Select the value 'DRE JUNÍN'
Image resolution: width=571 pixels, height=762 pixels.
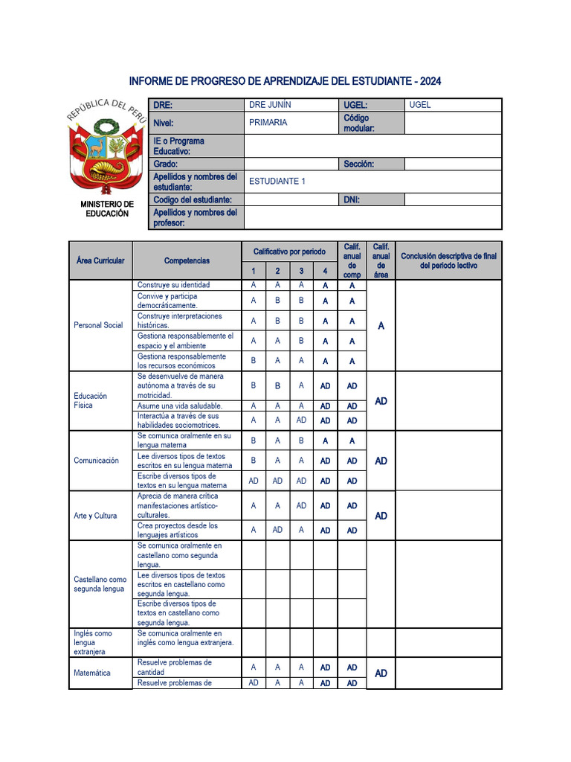pyautogui.click(x=270, y=105)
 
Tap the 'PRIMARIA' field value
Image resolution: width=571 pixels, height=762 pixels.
pyautogui.click(x=268, y=123)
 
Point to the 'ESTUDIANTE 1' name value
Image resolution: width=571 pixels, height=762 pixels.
pyautogui.click(x=277, y=181)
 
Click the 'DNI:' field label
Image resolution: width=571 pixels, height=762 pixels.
pyautogui.click(x=352, y=199)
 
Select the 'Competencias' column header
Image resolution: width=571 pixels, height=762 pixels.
pyautogui.click(x=187, y=260)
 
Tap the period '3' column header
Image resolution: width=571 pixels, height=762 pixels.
pyautogui.click(x=301, y=272)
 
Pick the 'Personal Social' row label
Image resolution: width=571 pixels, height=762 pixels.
pyautogui.click(x=98, y=325)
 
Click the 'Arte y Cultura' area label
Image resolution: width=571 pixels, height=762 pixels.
pyautogui.click(x=95, y=516)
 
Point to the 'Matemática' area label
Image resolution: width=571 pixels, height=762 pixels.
pyautogui.click(x=92, y=673)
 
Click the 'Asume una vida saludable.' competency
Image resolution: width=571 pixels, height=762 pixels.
pyautogui.click(x=179, y=406)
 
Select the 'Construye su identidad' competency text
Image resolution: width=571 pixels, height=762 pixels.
pyautogui.click(x=174, y=285)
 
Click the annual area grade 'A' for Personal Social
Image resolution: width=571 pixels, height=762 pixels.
pyautogui.click(x=381, y=326)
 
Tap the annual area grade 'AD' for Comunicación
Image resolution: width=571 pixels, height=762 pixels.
pyautogui.click(x=381, y=461)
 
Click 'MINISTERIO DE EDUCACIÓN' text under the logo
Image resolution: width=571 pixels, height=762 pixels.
pyautogui.click(x=108, y=208)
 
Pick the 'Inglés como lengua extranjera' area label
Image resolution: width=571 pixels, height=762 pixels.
pyautogui.click(x=94, y=642)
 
